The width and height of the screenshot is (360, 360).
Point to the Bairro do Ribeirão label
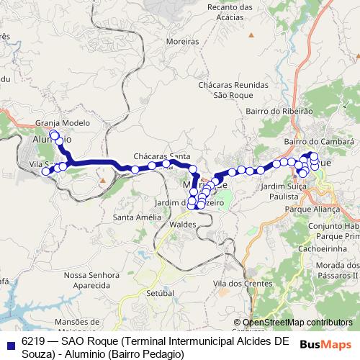pyautogui.click(x=279, y=112)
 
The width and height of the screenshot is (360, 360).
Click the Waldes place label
pyautogui.click(x=182, y=225)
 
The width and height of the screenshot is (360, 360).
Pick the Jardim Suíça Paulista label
pyautogui.click(x=285, y=190)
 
